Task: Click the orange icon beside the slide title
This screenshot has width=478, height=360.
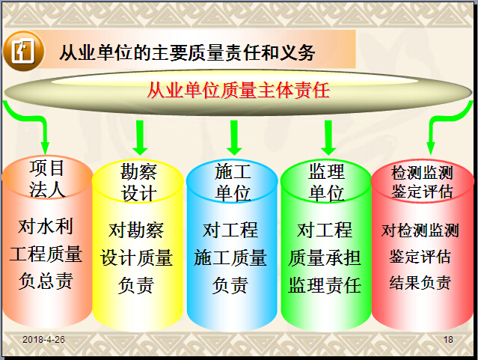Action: (23, 51)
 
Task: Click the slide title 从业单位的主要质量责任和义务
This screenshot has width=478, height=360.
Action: (187, 52)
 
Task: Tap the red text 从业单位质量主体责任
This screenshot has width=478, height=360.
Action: (239, 91)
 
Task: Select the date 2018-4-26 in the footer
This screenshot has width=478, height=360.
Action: (43, 340)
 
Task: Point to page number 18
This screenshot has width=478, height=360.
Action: (448, 340)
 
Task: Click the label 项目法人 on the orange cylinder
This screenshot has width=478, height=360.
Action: (47, 179)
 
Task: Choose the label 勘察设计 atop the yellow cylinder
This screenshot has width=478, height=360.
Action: (138, 183)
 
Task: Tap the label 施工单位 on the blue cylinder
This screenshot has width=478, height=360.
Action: (233, 183)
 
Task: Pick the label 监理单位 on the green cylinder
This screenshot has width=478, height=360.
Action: (326, 183)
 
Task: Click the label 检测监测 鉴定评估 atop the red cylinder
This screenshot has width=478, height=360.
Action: (422, 182)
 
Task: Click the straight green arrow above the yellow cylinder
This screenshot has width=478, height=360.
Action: (140, 138)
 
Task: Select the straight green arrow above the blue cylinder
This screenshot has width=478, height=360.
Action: (234, 138)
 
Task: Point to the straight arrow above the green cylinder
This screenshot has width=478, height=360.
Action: (328, 138)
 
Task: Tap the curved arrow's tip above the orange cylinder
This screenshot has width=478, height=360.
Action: (45, 154)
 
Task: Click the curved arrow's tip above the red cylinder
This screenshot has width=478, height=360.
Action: (430, 154)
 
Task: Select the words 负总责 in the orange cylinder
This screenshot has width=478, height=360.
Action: (46, 281)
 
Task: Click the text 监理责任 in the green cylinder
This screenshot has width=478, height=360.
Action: (325, 285)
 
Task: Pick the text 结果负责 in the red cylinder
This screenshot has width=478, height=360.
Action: (420, 282)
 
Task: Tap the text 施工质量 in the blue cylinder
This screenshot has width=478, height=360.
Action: (230, 257)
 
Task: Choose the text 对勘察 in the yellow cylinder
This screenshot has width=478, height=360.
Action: (136, 230)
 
